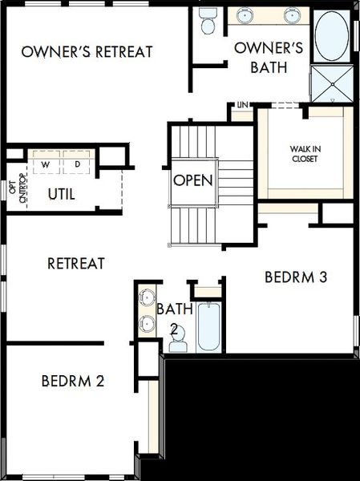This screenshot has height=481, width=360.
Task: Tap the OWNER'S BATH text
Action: (x=268, y=58)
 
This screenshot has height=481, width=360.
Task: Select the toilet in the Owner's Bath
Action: (x=208, y=22)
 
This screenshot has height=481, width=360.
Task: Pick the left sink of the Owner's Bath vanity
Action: (x=244, y=14)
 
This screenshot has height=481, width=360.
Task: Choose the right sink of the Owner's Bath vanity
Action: (x=289, y=14)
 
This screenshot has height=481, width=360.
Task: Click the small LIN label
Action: (x=241, y=105)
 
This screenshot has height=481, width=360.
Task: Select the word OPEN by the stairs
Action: (x=193, y=180)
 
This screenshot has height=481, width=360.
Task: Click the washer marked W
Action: (x=46, y=164)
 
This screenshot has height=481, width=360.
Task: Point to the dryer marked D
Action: (x=78, y=164)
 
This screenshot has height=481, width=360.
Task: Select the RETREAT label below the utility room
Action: (x=76, y=262)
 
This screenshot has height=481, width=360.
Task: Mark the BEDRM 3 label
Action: (x=295, y=277)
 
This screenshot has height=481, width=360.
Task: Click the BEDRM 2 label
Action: (x=73, y=381)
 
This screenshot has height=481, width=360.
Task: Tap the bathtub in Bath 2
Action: (x=208, y=326)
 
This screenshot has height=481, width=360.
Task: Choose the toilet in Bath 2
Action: (x=178, y=338)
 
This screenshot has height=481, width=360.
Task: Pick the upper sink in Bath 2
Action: (x=145, y=298)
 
